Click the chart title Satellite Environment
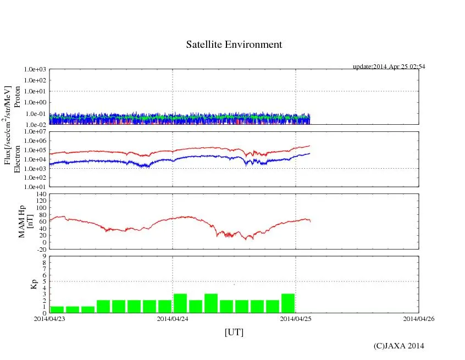pyautogui.click(x=234, y=45)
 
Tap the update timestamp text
pyautogui.click(x=389, y=67)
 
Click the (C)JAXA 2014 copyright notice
pyautogui.click(x=398, y=345)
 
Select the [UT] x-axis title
pyautogui.click(x=234, y=332)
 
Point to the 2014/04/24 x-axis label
pyautogui.click(x=173, y=319)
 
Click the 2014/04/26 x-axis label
pyautogui.click(x=419, y=319)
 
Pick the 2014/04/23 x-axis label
pyautogui.click(x=49, y=319)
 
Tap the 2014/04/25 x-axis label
pyautogui.click(x=296, y=319)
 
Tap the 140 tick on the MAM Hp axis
pyautogui.click(x=40, y=194)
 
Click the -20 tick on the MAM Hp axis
pyautogui.click(x=40, y=249)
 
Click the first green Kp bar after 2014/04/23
pyautogui.click(x=57, y=309)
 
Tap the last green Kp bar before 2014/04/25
pyautogui.click(x=288, y=303)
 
